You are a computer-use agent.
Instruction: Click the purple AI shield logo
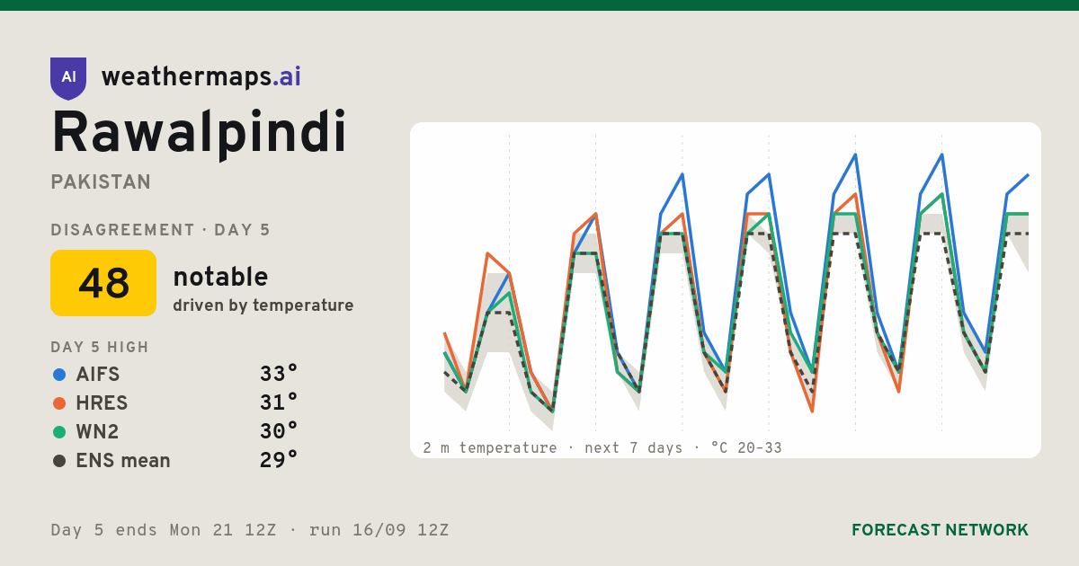(68, 78)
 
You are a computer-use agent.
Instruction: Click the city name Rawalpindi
(199, 133)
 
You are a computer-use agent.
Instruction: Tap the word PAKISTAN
(101, 182)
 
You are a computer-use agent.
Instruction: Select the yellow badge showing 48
(103, 283)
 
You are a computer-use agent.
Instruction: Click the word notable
(220, 277)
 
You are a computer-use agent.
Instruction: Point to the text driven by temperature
(263, 305)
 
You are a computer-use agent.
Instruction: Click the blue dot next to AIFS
(59, 375)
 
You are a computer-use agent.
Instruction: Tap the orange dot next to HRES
(59, 403)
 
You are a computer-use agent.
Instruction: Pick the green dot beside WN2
(59, 432)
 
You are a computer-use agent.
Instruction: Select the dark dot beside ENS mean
(59, 461)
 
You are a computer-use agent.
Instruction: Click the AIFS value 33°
(279, 374)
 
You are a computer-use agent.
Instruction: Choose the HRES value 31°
(279, 402)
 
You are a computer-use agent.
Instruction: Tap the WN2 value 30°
(279, 431)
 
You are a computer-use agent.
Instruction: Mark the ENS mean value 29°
(279, 460)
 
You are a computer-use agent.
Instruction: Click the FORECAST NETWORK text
(940, 530)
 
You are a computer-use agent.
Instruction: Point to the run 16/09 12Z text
(379, 530)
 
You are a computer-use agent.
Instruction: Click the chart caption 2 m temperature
(490, 447)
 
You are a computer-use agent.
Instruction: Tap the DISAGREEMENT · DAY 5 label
(160, 230)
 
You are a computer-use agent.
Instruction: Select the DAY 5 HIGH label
(100, 347)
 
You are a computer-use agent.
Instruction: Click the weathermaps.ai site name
(201, 76)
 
